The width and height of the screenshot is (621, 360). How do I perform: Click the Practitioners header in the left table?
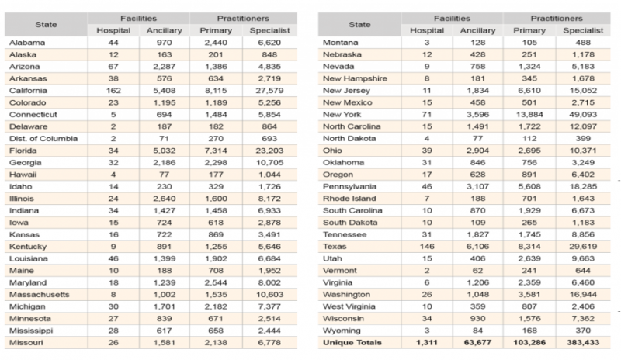238,16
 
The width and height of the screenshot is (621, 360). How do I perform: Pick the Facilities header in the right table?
463,16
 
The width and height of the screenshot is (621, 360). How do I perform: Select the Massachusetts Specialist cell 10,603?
265,296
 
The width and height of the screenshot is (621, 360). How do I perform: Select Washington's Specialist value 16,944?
586,295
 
